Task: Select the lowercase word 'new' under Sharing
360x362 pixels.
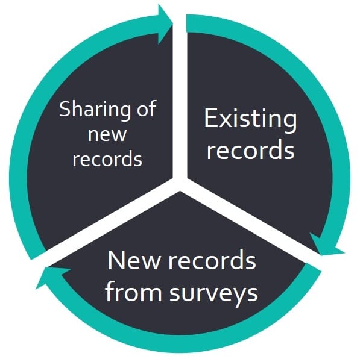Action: click(x=107, y=135)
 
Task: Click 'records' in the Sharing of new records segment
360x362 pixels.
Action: click(x=107, y=158)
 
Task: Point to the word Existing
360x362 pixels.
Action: click(x=250, y=120)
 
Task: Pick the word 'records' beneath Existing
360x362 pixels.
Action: click(x=250, y=149)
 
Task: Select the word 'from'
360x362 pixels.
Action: click(x=133, y=290)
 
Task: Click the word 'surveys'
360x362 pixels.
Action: click(x=213, y=295)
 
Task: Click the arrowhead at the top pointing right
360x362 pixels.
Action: click(x=165, y=23)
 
